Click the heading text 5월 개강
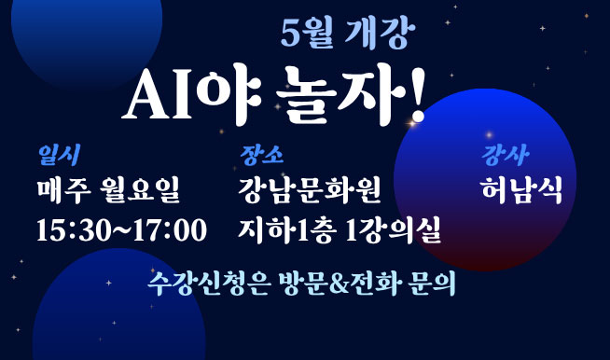tap(348, 35)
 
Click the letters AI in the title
tap(158, 95)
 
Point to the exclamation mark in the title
tap(417, 95)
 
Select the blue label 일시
tap(59, 155)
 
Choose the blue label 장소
tap(261, 155)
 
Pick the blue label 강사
tap(505, 155)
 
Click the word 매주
tap(63, 190)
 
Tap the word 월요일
tap(140, 190)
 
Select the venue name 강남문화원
tap(310, 190)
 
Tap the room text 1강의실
tap(394, 230)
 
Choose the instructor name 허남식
tap(521, 190)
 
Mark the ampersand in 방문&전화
tap(340, 284)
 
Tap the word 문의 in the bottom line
tap(432, 284)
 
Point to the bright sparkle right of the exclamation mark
tap(412, 123)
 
